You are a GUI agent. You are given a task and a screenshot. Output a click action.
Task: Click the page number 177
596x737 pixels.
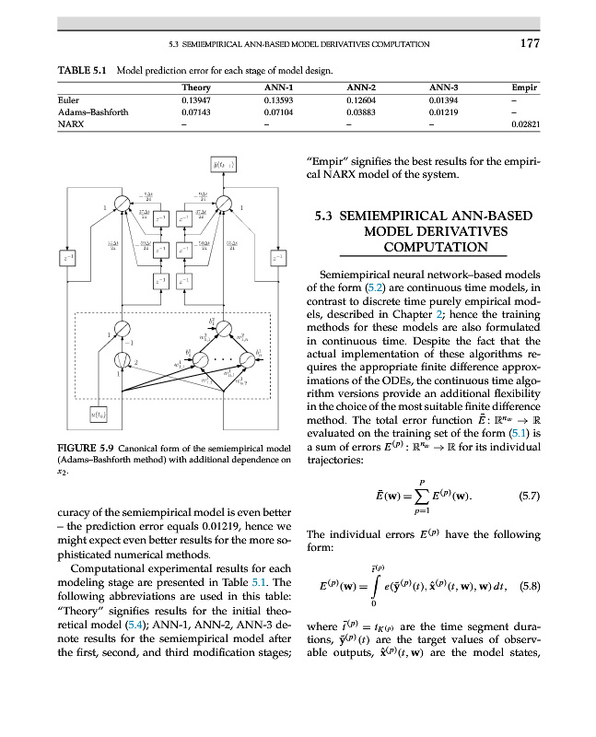529,43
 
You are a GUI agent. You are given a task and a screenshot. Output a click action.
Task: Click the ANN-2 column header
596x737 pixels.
363,87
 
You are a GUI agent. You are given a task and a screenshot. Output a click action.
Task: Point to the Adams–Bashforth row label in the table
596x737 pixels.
92,111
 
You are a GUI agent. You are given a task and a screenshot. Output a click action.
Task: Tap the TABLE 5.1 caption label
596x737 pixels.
82,70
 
